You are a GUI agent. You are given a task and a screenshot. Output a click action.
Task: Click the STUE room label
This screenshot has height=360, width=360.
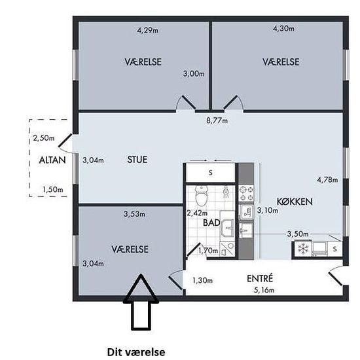137,160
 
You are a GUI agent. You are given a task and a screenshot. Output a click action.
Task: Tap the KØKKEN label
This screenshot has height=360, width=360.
295,202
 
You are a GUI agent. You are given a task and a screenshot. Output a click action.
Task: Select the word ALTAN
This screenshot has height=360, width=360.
52,160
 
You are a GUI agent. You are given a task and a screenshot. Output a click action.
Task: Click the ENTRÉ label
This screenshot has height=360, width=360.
260,278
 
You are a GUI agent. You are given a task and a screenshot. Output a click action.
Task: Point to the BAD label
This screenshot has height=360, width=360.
211,223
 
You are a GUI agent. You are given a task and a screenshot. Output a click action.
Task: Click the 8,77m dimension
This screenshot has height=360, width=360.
217,120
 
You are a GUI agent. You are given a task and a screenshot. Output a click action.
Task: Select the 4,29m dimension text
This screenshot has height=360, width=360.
148,30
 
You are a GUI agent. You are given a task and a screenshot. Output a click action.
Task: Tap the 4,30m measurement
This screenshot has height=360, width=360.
283,28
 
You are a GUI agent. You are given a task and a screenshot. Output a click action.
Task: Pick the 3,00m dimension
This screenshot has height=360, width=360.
194,74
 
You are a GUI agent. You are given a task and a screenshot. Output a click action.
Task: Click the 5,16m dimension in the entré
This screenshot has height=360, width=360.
264,290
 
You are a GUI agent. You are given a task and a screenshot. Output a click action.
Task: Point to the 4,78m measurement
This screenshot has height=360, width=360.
327,179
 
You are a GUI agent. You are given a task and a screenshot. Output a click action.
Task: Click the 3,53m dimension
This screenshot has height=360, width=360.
134,214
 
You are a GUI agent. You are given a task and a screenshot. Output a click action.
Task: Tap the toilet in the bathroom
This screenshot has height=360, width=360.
202,196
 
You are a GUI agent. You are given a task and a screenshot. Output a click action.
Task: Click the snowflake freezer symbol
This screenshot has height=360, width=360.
302,249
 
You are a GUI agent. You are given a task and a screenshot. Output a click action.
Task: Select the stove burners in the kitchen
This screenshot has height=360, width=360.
246,193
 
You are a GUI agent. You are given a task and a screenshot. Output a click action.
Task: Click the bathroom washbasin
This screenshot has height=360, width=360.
228,228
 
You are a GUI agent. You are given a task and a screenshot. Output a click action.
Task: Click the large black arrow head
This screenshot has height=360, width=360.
141,288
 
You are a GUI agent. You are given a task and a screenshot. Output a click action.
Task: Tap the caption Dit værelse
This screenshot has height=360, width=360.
136,351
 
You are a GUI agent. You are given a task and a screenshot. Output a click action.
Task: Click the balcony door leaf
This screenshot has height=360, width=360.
65,140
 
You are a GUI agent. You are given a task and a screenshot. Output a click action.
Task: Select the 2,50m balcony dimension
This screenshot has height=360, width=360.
44,138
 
